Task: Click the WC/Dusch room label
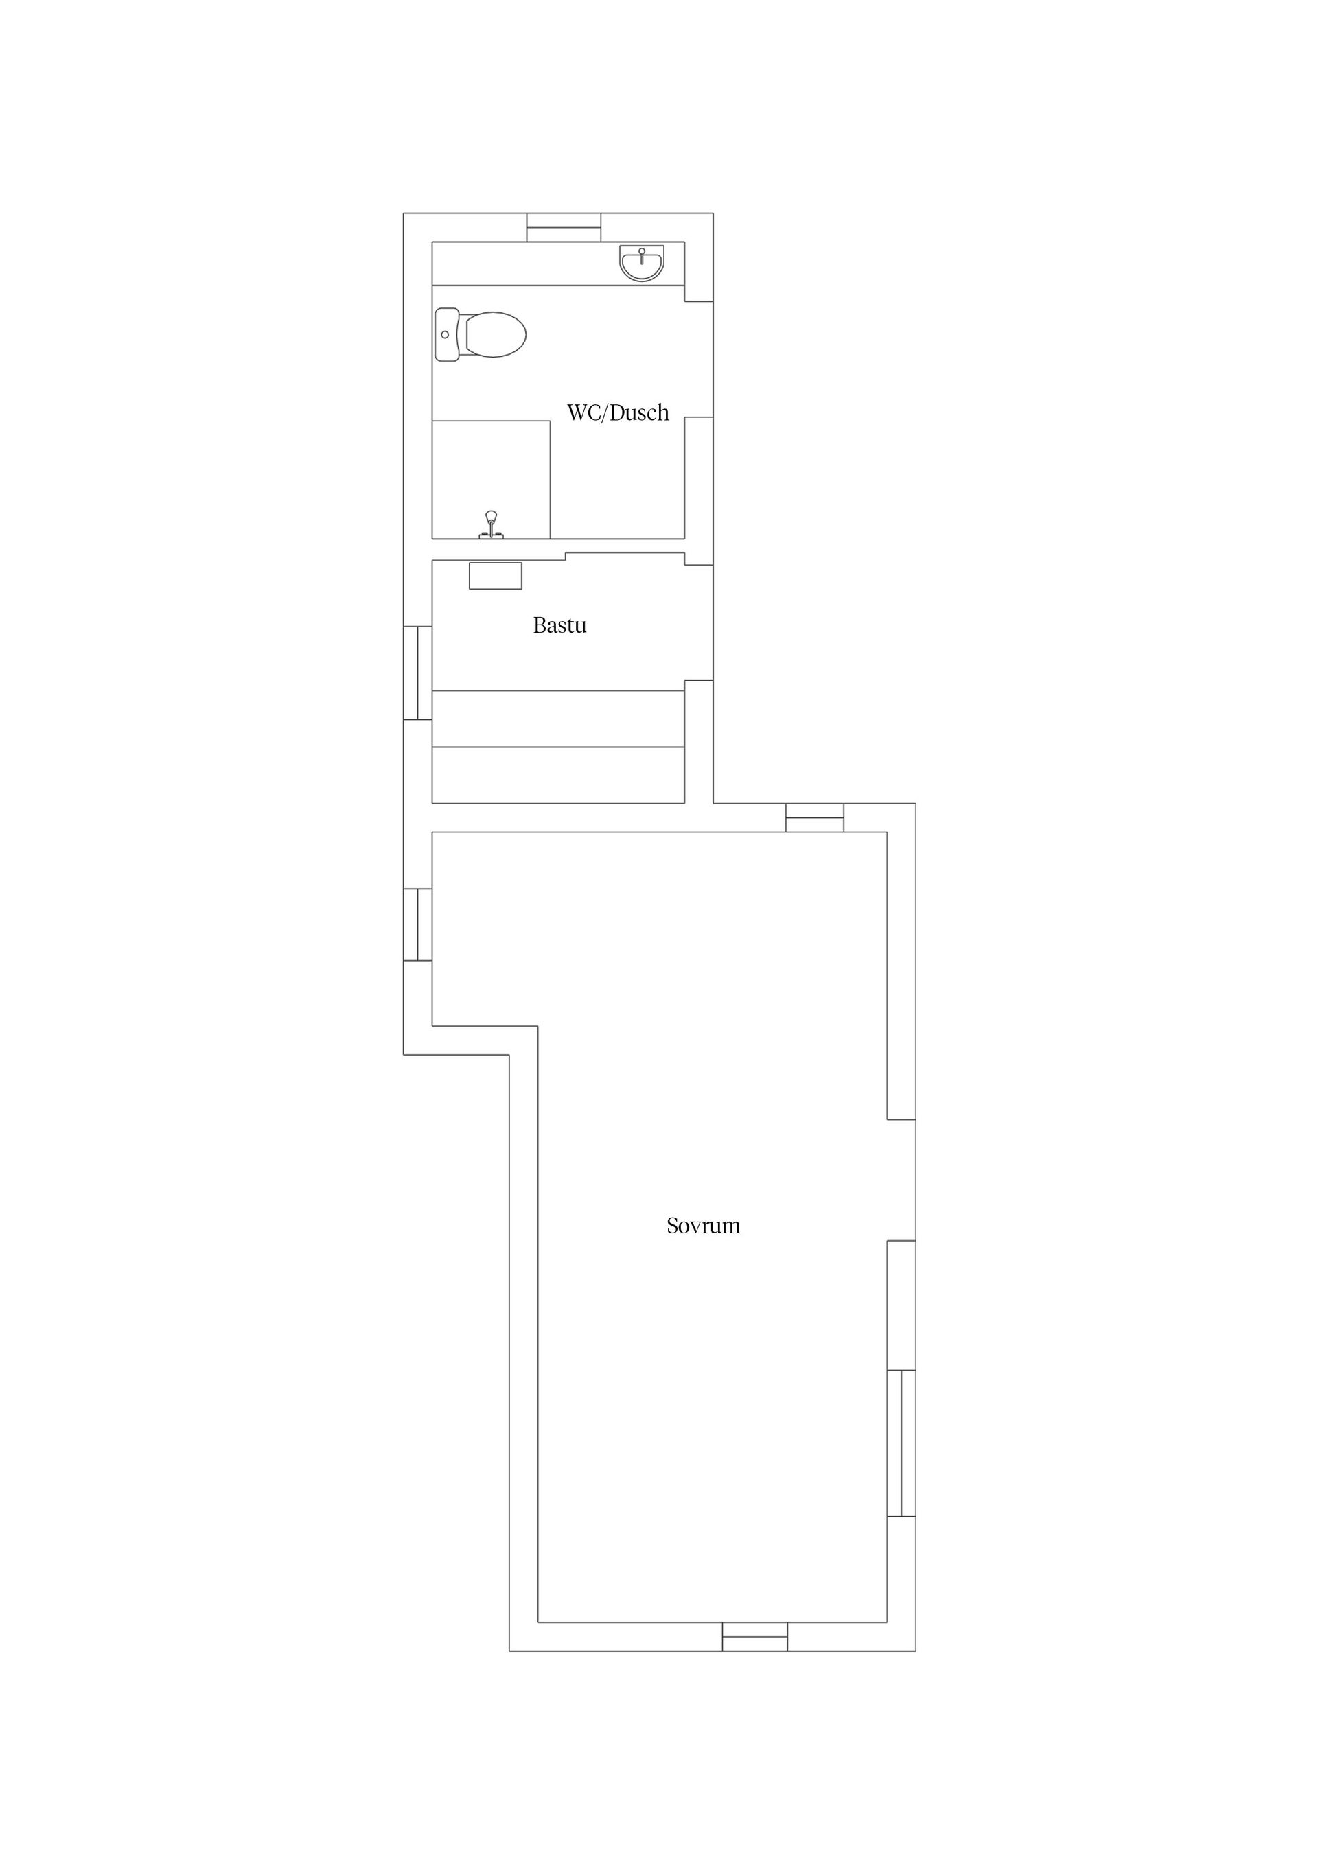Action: click(x=617, y=412)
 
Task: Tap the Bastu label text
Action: click(x=559, y=625)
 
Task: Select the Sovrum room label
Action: click(x=703, y=1225)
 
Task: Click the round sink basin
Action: click(x=642, y=263)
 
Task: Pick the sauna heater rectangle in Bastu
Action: click(x=496, y=576)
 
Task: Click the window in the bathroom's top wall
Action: click(x=564, y=227)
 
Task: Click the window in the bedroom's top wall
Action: click(x=815, y=817)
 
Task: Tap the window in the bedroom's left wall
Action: click(x=417, y=924)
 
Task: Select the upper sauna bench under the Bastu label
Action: click(x=558, y=719)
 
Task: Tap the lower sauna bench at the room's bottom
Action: click(x=558, y=776)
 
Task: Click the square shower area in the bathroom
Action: click(x=492, y=479)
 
